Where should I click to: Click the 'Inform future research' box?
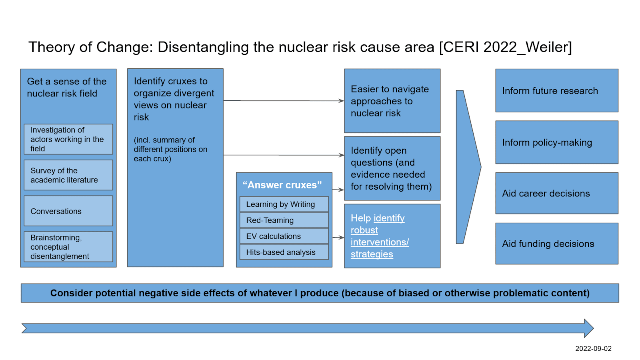[556, 90]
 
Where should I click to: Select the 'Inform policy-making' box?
[556, 142]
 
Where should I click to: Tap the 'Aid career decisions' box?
[556, 193]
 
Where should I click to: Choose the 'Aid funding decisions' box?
[556, 244]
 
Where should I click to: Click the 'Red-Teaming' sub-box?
[284, 220]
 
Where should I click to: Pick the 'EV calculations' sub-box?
[284, 236]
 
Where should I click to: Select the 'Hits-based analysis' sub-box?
[284, 252]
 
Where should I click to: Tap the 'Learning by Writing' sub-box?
[284, 204]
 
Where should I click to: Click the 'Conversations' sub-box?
[68, 211]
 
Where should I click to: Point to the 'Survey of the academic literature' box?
[68, 175]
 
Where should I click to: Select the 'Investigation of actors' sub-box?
[68, 139]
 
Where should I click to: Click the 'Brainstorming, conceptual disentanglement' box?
[68, 246]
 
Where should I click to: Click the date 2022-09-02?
[593, 348]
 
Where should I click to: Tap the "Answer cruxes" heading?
[282, 185]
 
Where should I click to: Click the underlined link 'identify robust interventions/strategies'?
[380, 236]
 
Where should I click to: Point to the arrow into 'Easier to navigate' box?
[284, 100]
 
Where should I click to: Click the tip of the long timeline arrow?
[594, 328]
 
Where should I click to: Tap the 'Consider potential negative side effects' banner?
[320, 293]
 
